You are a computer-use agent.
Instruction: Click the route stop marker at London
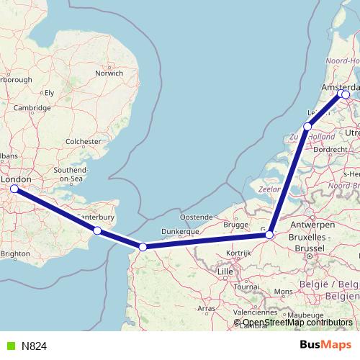pyautogui.click(x=14, y=189)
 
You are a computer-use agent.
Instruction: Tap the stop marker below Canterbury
pyautogui.click(x=97, y=231)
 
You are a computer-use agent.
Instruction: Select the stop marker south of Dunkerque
pyautogui.click(x=143, y=247)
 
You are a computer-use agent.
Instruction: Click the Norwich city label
pyautogui.click(x=109, y=73)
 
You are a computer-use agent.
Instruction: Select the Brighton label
pyautogui.click(x=15, y=253)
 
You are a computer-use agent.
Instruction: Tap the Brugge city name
pyautogui.click(x=235, y=225)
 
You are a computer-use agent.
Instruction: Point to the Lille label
pyautogui.click(x=225, y=271)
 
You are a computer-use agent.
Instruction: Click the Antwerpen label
pyautogui.click(x=310, y=225)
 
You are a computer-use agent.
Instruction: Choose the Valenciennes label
pyautogui.click(x=256, y=313)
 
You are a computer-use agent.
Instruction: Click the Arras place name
pyautogui.click(x=207, y=308)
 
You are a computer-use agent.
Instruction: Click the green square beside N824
pyautogui.click(x=9, y=346)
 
